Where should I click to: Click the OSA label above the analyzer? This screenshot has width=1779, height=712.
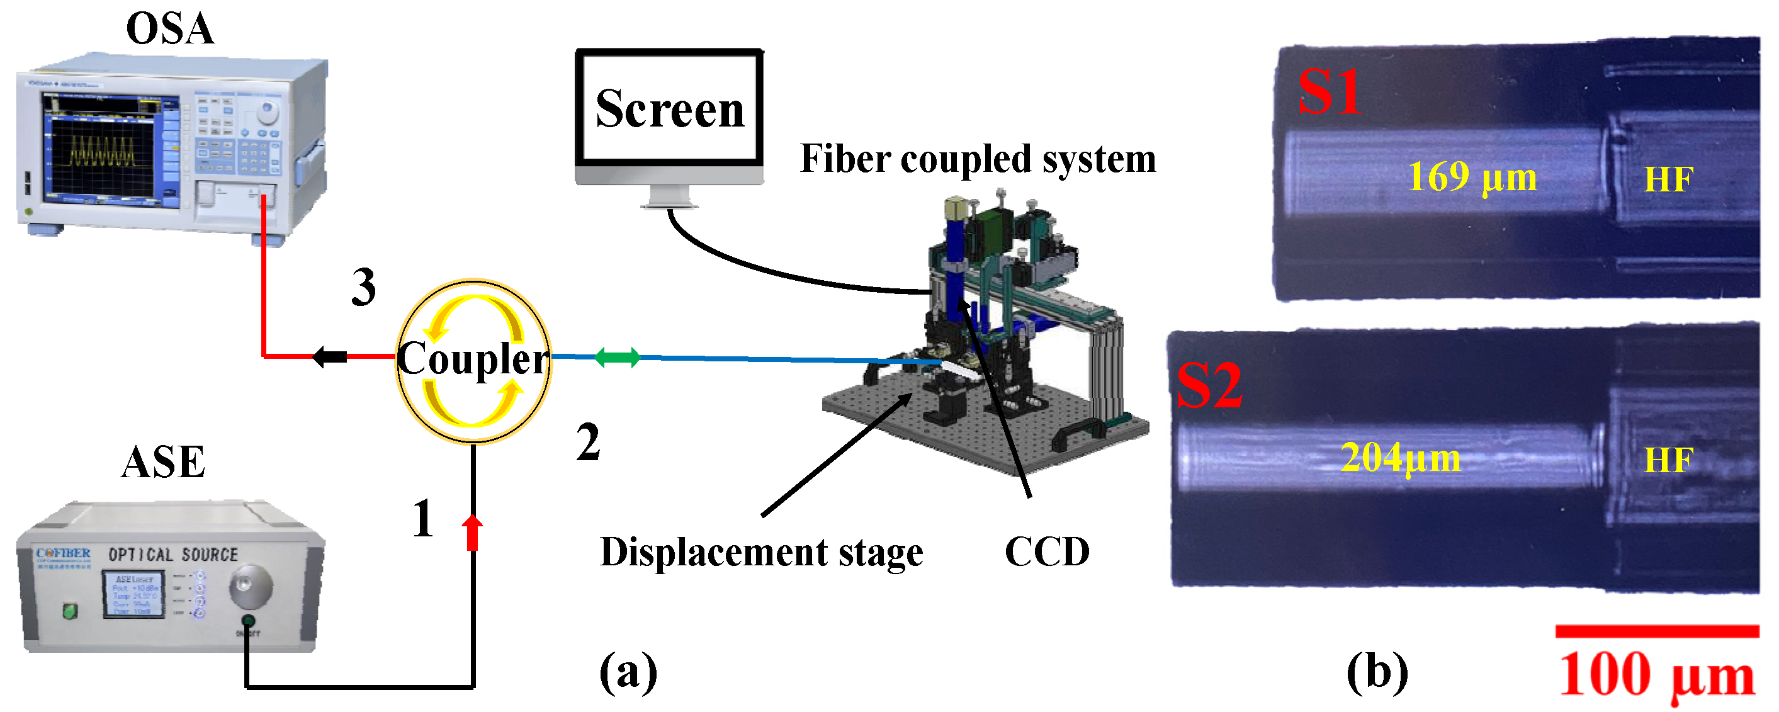click(170, 29)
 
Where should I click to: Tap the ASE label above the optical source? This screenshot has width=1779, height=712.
click(163, 462)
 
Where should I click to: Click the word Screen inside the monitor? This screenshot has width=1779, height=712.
click(669, 109)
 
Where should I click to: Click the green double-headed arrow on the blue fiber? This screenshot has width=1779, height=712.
click(617, 357)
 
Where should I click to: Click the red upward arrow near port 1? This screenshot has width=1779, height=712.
click(472, 532)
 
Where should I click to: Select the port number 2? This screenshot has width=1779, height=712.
click(588, 442)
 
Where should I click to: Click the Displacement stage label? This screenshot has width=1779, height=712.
click(761, 553)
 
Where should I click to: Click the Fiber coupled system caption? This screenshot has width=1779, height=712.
click(977, 159)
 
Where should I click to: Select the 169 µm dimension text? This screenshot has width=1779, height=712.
click(1471, 178)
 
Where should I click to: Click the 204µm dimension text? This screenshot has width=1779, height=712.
click(1400, 457)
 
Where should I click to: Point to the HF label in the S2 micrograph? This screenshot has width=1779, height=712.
click(1667, 461)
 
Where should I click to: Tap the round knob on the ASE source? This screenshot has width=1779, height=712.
click(250, 585)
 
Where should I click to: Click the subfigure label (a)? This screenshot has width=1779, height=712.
click(628, 671)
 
